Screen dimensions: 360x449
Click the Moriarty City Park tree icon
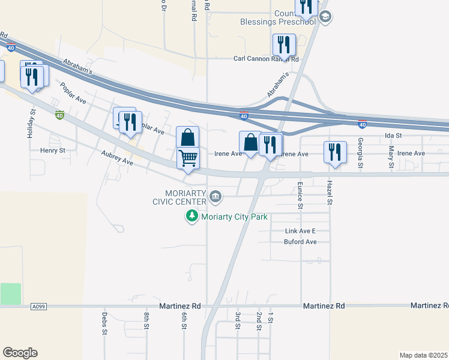[x=192, y=216]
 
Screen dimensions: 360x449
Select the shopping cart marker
[x=188, y=158]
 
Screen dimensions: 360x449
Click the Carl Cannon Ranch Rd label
[x=266, y=59]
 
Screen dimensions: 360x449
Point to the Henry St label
[x=52, y=151]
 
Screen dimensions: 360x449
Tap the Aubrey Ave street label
[x=118, y=158]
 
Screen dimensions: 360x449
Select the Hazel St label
[x=330, y=194]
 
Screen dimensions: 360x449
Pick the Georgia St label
[x=361, y=152]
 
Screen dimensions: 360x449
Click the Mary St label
[x=391, y=157]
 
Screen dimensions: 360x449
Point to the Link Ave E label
[x=300, y=231]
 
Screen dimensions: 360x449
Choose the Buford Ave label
[x=300, y=242]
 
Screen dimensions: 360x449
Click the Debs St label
[x=104, y=322]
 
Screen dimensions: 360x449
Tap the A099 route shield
[x=38, y=306]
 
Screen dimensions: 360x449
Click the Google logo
[x=20, y=353]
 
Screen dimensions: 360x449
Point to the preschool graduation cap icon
[x=325, y=16]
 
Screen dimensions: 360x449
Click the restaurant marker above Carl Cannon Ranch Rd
[x=283, y=44]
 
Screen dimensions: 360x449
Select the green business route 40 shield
[x=59, y=114]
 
